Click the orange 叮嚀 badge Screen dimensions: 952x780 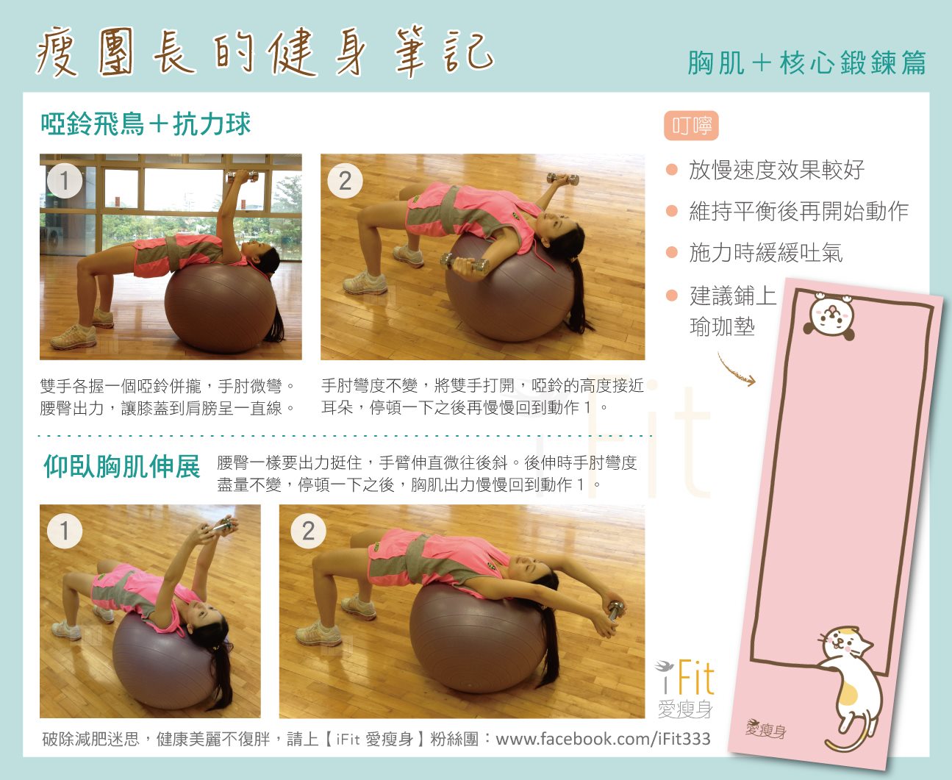tap(691, 126)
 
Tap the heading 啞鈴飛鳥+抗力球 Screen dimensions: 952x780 tap(146, 124)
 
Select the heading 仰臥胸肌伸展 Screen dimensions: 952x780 tap(121, 466)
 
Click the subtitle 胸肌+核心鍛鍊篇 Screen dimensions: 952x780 tap(806, 62)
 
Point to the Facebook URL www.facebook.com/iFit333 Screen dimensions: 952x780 tap(603, 739)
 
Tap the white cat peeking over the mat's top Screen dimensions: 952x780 tap(830, 315)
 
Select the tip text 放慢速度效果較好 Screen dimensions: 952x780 tap(776, 170)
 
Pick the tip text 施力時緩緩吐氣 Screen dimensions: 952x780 tap(765, 252)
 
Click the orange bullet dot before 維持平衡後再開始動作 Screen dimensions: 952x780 tap(672, 211)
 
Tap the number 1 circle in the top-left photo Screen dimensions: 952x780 tap(65, 181)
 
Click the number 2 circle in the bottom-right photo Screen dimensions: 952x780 tap(308, 531)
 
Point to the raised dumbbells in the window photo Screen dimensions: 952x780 tap(243, 176)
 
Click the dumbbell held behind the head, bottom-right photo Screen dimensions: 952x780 tap(616, 610)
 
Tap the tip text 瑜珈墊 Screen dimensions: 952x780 tap(722, 326)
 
